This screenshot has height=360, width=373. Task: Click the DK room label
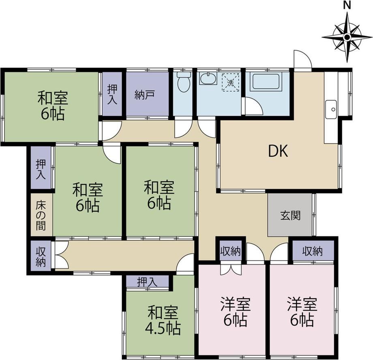click(x=278, y=151)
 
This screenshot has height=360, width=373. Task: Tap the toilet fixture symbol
click(x=184, y=82)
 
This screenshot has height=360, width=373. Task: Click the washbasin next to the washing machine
click(x=208, y=78)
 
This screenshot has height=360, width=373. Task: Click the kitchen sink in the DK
click(x=331, y=110)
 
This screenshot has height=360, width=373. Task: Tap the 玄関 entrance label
click(x=290, y=216)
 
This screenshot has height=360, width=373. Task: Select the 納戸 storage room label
click(x=145, y=95)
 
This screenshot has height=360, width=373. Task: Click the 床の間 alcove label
click(x=41, y=216)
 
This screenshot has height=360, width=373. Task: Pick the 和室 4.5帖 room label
click(x=163, y=321)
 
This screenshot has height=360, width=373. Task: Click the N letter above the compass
click(x=347, y=5)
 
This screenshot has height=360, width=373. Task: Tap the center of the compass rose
click(x=347, y=37)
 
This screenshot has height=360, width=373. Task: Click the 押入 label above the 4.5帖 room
click(x=147, y=282)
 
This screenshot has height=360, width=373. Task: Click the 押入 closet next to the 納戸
click(x=112, y=94)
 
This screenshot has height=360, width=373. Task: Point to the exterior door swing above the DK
click(x=302, y=59)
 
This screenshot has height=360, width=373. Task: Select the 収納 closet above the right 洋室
click(x=313, y=251)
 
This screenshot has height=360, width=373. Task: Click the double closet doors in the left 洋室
click(x=231, y=269)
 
